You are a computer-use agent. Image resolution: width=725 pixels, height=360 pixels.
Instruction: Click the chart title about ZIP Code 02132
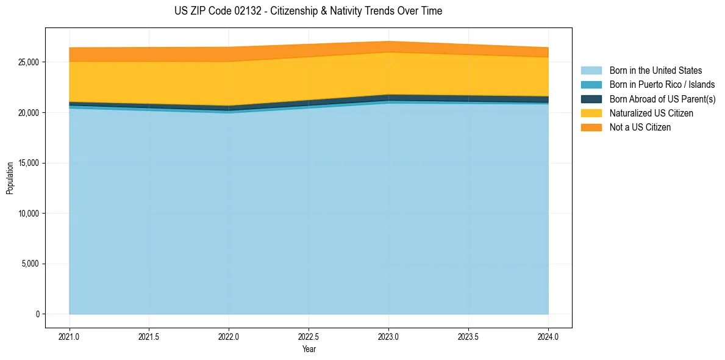tap(308, 11)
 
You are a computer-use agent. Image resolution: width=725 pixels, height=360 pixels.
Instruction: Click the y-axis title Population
tap(10, 178)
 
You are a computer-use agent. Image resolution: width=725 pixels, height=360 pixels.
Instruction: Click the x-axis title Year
tap(309, 349)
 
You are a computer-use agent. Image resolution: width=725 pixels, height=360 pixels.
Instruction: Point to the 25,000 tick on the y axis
tap(28, 62)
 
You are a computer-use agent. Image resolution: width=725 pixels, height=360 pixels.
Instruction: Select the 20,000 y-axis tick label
tap(28, 113)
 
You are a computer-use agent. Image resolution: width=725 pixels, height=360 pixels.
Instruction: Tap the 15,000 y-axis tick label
tap(28, 163)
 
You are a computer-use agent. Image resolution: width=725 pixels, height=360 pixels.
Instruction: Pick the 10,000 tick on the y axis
tap(28, 214)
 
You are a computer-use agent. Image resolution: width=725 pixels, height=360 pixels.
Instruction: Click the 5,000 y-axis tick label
tap(30, 264)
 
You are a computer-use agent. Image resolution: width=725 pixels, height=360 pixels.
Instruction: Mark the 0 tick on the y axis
tap(38, 314)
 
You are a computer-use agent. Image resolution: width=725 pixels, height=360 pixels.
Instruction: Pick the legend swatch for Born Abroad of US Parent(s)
tap(591, 99)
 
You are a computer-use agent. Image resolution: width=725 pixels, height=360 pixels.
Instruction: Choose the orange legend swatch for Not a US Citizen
tap(591, 127)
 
